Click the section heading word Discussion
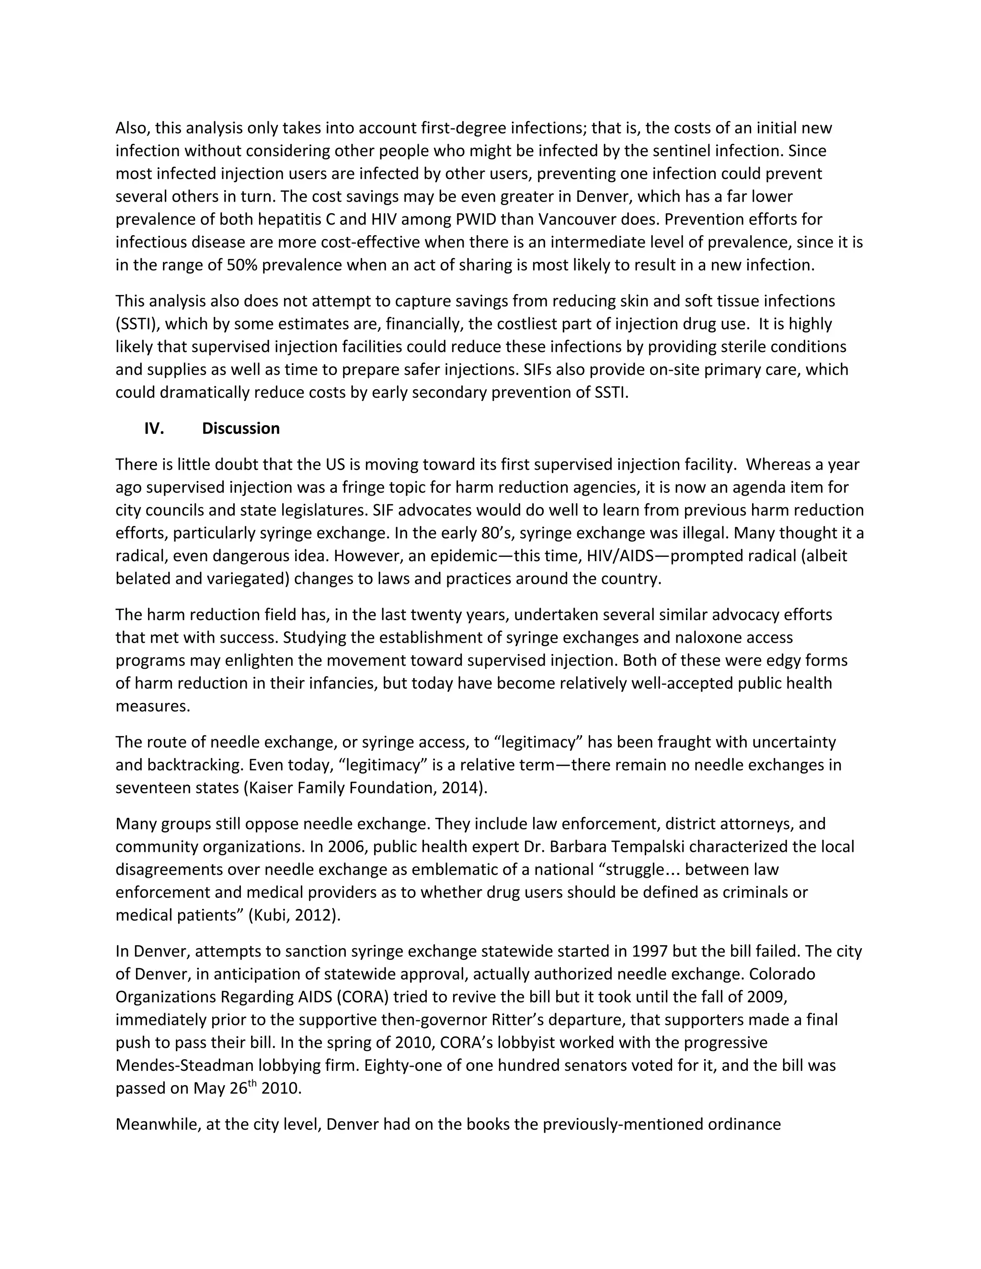coord(240,428)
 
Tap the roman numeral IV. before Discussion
coord(154,428)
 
